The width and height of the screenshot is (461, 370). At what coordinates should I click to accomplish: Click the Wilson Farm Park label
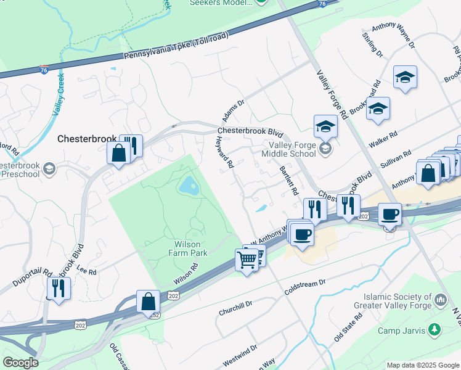tap(189, 248)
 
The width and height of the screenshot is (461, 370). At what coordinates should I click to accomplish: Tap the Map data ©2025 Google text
tap(422, 365)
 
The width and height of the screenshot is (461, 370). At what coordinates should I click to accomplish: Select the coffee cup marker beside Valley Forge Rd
tap(389, 215)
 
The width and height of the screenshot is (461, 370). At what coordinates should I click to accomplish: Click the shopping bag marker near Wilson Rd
tap(149, 302)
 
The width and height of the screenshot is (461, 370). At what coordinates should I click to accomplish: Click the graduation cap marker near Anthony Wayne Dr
tap(405, 78)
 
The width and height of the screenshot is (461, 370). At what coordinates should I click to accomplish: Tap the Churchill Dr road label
tap(236, 308)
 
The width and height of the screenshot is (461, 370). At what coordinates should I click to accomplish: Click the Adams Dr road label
tap(234, 112)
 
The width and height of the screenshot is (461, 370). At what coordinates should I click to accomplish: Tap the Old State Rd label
tap(348, 327)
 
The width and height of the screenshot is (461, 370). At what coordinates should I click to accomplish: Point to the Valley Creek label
tap(59, 94)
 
